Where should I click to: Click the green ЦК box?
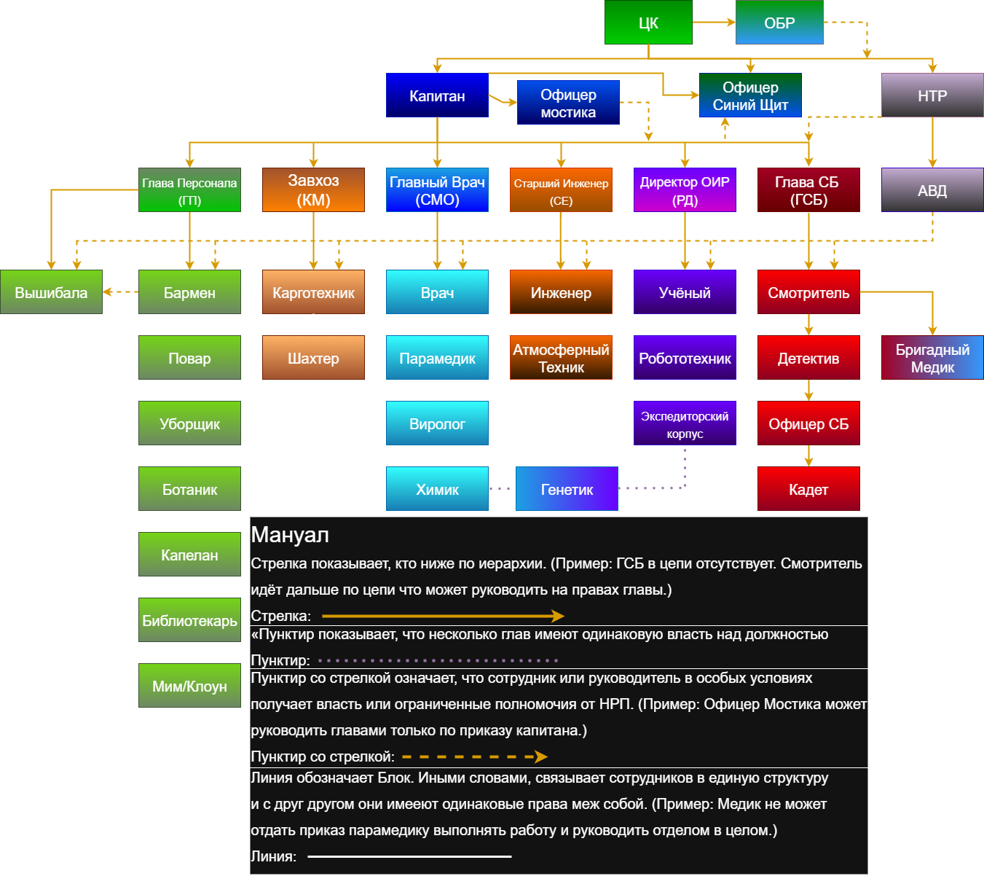648,23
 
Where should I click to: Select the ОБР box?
779,23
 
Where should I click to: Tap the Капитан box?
437,95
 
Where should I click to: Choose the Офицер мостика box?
568,103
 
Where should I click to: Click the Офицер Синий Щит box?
750,95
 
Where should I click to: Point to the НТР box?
932,95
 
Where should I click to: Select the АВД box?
932,190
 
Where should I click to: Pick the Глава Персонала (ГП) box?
189,190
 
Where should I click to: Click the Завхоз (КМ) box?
313,190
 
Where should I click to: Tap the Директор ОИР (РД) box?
685,190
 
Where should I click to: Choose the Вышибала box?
51,292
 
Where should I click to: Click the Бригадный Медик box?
932,358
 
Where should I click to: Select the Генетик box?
567,489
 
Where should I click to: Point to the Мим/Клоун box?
189,686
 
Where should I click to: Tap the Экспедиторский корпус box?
685,423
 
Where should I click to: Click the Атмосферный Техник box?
561,358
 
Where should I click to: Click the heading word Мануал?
290,535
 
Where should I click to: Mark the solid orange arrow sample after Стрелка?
442,616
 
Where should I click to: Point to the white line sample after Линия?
409,856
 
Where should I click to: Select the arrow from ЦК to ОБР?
713,22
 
